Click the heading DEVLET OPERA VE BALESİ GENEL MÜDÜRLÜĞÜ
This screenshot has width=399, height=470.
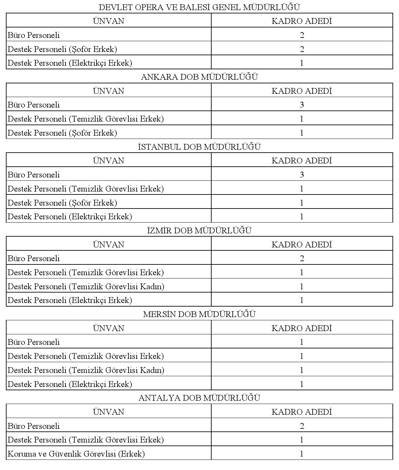pyautogui.click(x=199, y=7)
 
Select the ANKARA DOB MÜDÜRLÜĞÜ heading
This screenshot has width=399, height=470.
pyautogui.click(x=199, y=77)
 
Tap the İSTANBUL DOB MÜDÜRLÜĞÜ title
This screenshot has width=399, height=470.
pyautogui.click(x=199, y=147)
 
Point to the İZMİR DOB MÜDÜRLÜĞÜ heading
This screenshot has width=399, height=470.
pyautogui.click(x=199, y=230)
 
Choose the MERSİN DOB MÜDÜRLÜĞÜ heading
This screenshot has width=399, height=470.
pyautogui.click(x=199, y=314)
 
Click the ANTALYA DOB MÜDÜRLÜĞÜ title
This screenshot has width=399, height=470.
pyautogui.click(x=199, y=398)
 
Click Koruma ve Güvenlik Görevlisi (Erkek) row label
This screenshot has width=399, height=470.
pyautogui.click(x=76, y=454)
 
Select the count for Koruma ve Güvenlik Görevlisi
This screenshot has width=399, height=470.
pyautogui.click(x=302, y=454)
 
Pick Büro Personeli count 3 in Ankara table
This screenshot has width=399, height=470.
pyautogui.click(x=302, y=105)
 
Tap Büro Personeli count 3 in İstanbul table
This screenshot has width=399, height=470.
pyautogui.click(x=302, y=175)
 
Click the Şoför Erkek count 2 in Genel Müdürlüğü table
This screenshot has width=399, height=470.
pyautogui.click(x=302, y=49)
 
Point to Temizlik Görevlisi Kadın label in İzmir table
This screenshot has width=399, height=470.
pyautogui.click(x=86, y=286)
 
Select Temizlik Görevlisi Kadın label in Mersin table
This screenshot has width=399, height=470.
pyautogui.click(x=86, y=370)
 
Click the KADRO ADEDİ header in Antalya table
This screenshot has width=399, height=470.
pyautogui.click(x=302, y=412)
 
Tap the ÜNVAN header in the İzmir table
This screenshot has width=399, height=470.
pyautogui.click(x=109, y=244)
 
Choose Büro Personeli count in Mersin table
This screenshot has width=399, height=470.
pyautogui.click(x=302, y=342)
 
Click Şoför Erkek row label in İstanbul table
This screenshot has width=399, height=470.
pyautogui.click(x=62, y=203)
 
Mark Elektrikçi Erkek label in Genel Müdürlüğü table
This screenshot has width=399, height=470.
pyautogui.click(x=70, y=63)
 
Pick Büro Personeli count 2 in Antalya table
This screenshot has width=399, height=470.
pyautogui.click(x=302, y=426)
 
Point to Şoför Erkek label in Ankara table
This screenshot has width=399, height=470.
pyautogui.click(x=62, y=133)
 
